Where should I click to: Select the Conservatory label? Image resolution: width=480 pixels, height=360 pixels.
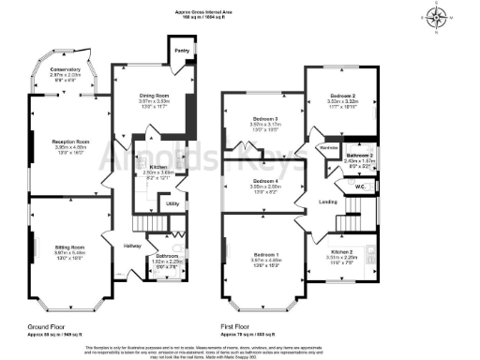(66, 70)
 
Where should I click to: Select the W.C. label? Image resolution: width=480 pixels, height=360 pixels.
(359, 186)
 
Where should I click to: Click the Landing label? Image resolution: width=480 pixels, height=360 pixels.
(328, 202)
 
